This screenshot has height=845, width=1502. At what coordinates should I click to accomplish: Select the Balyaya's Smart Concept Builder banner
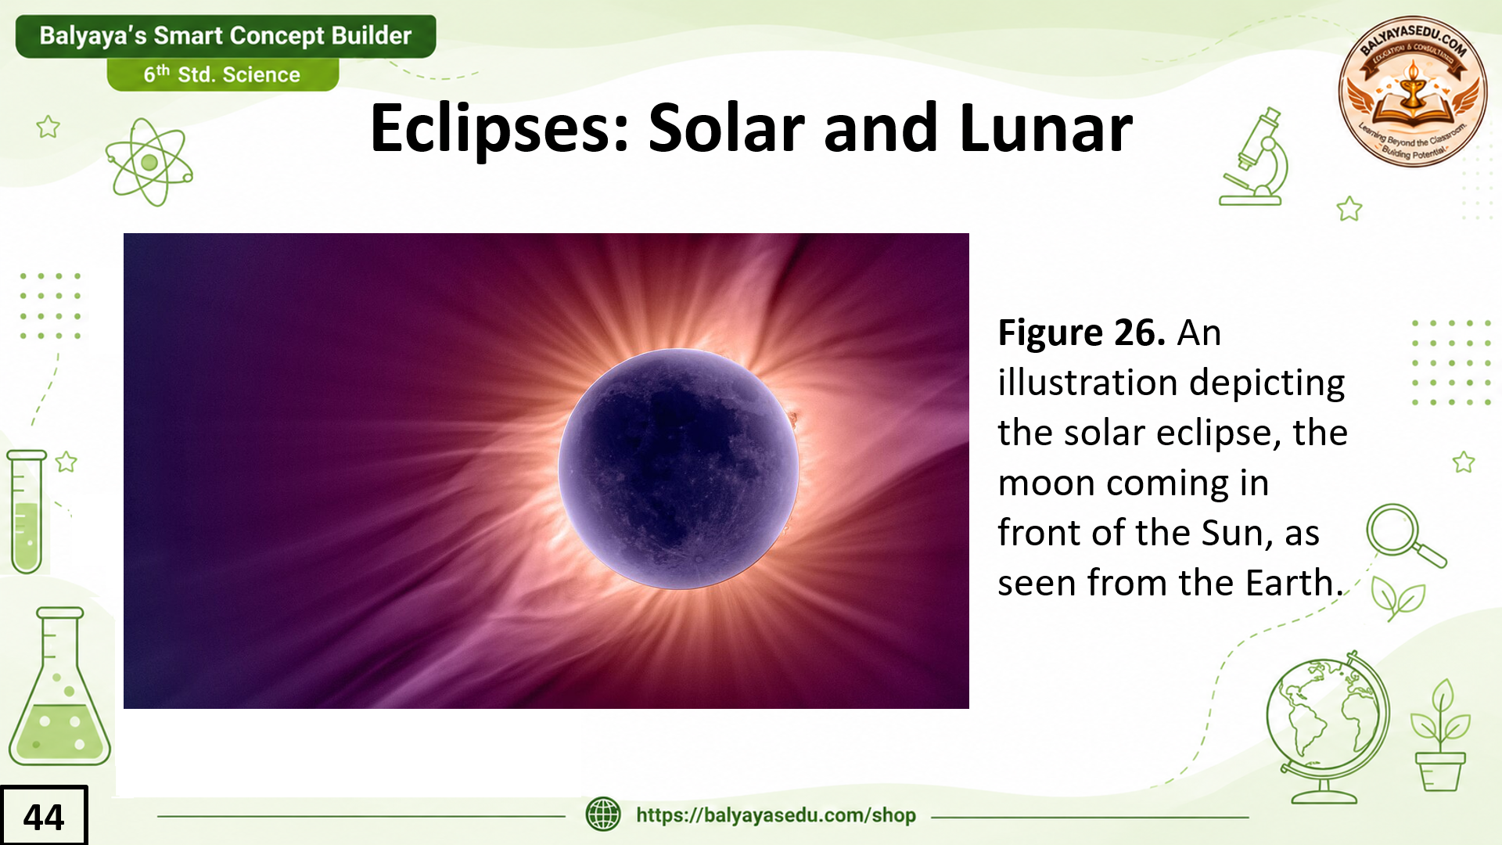pos(225,36)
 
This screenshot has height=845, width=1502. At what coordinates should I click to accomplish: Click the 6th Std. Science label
pos(222,74)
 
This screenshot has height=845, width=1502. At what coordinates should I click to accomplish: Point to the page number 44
pos(44,816)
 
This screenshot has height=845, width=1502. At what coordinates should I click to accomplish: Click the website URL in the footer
pos(775,815)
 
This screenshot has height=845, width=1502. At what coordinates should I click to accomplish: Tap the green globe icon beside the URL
pos(603,814)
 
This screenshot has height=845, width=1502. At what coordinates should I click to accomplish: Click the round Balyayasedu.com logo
pos(1413,92)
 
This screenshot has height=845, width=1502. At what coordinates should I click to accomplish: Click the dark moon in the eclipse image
pos(679,469)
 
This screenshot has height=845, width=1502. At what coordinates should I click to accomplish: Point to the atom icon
pos(149,162)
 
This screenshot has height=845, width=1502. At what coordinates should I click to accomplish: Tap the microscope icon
pos(1255,157)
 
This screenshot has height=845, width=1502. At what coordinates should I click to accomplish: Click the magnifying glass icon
pos(1405,535)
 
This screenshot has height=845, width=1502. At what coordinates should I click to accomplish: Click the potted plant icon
pos(1440,735)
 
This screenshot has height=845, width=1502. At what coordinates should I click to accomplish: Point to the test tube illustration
pos(27,512)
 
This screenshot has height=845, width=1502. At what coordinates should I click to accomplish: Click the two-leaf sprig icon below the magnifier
pos(1397,599)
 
